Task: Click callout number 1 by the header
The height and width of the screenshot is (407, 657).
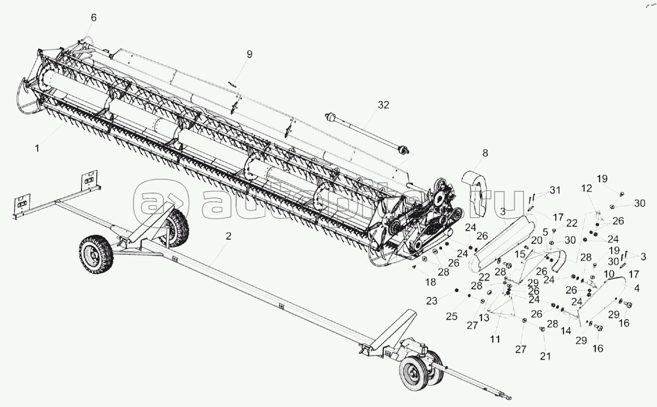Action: (x=37, y=149)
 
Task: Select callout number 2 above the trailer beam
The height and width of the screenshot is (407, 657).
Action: (x=229, y=236)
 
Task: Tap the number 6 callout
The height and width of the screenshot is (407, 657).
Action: (x=94, y=17)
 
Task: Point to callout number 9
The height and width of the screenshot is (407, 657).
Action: (x=249, y=54)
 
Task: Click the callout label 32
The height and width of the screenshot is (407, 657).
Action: (x=383, y=105)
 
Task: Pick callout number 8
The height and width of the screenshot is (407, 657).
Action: (x=485, y=153)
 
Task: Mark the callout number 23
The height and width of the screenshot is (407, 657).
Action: (x=432, y=301)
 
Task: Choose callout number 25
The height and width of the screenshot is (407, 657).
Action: (x=451, y=316)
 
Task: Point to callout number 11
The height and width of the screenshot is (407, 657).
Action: (x=495, y=339)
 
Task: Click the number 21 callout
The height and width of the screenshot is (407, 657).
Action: (x=545, y=356)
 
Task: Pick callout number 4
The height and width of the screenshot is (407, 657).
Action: (x=636, y=289)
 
